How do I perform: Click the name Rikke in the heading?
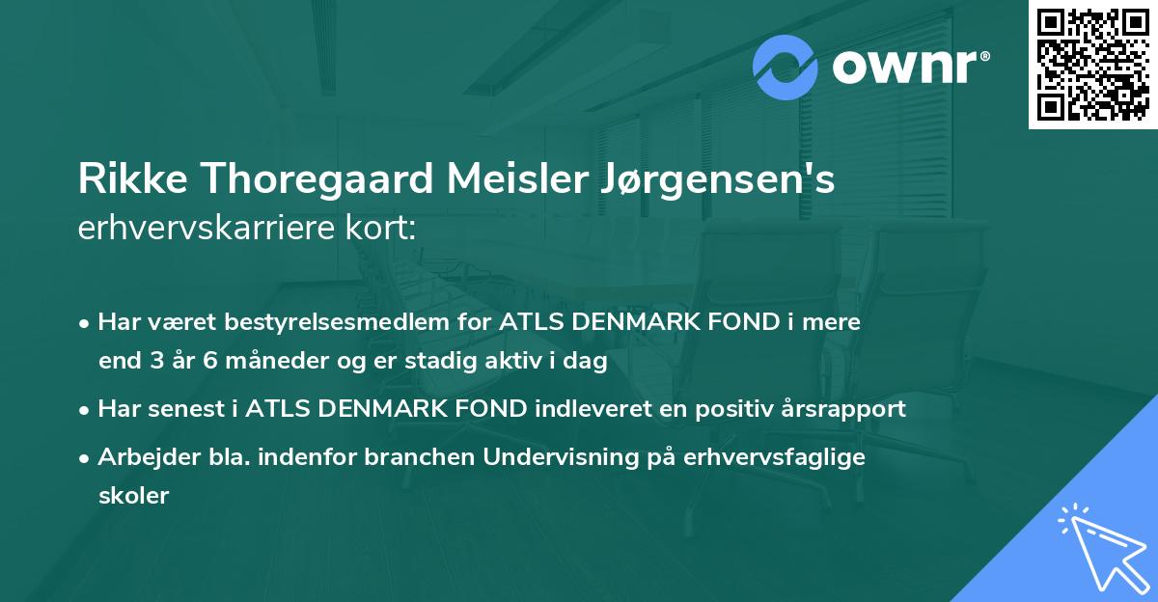pos(124,181)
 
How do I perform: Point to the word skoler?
pos(133,496)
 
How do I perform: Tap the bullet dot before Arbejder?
pos(86,457)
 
